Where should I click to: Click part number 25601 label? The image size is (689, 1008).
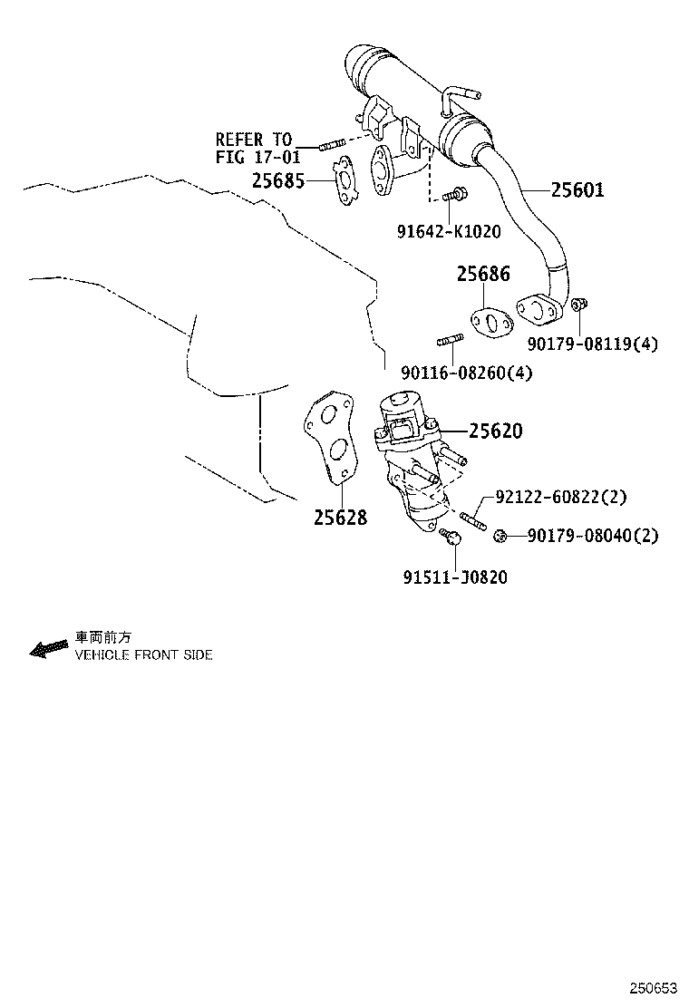pos(577,189)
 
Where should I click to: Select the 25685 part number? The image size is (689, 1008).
pos(278,181)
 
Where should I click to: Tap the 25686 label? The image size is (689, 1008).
pos(483,274)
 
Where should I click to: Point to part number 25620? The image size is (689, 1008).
pos(496,431)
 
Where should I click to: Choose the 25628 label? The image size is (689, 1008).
pos(341,517)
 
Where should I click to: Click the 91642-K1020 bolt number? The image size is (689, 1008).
pos(449,231)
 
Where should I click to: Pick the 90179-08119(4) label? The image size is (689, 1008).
pos(593,344)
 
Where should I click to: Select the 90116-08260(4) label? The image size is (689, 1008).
pos(467,373)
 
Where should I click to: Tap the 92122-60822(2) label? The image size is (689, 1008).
pos(560,497)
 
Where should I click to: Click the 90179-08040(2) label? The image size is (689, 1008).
pos(593,536)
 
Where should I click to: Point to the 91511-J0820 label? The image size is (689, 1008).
pos(456,577)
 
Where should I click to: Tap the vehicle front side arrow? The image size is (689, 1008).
pos(49,649)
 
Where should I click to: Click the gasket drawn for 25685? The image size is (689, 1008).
pos(345,181)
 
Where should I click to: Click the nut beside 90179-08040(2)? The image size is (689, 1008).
pos(499,536)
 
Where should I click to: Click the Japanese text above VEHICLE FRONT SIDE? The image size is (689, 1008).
pos(103,638)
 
